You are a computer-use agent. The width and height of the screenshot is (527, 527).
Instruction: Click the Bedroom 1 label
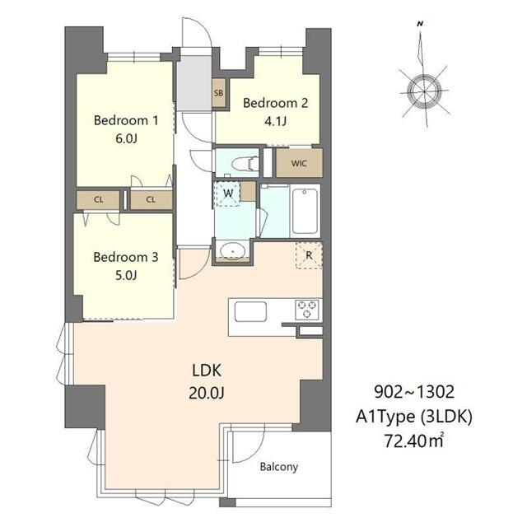[x=126, y=120]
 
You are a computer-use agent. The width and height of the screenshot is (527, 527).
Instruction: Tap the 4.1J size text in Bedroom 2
[x=275, y=121]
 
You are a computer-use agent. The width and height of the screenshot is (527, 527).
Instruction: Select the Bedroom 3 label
[x=126, y=257]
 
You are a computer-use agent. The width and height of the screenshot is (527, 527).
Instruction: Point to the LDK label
[x=207, y=371]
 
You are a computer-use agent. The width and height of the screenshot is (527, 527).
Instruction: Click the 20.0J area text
[x=207, y=392]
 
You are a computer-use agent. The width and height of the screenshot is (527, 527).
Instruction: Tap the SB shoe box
[x=218, y=93]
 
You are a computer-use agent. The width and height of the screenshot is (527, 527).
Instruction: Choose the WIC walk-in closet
[x=299, y=163]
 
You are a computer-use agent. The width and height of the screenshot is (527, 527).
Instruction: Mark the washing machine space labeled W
[x=228, y=194]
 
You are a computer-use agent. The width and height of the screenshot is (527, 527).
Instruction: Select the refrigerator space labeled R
[x=309, y=255]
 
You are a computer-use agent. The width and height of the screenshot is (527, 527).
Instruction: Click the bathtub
[x=305, y=211]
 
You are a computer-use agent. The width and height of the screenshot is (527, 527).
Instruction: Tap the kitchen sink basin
[x=250, y=312]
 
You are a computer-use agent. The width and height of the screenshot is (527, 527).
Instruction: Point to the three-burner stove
[x=306, y=310]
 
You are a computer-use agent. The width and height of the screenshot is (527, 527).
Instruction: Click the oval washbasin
[x=232, y=250]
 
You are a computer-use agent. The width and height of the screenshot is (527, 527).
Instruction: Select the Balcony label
[x=279, y=467]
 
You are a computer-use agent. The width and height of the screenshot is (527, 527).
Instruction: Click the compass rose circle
[x=423, y=91]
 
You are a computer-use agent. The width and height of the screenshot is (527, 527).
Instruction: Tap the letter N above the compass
[x=420, y=24]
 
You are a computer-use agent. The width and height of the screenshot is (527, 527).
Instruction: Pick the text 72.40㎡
[x=414, y=441]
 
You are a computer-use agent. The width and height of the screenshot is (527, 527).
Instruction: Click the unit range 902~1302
[x=414, y=392]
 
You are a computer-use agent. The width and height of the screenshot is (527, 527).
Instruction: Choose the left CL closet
[x=99, y=200]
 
